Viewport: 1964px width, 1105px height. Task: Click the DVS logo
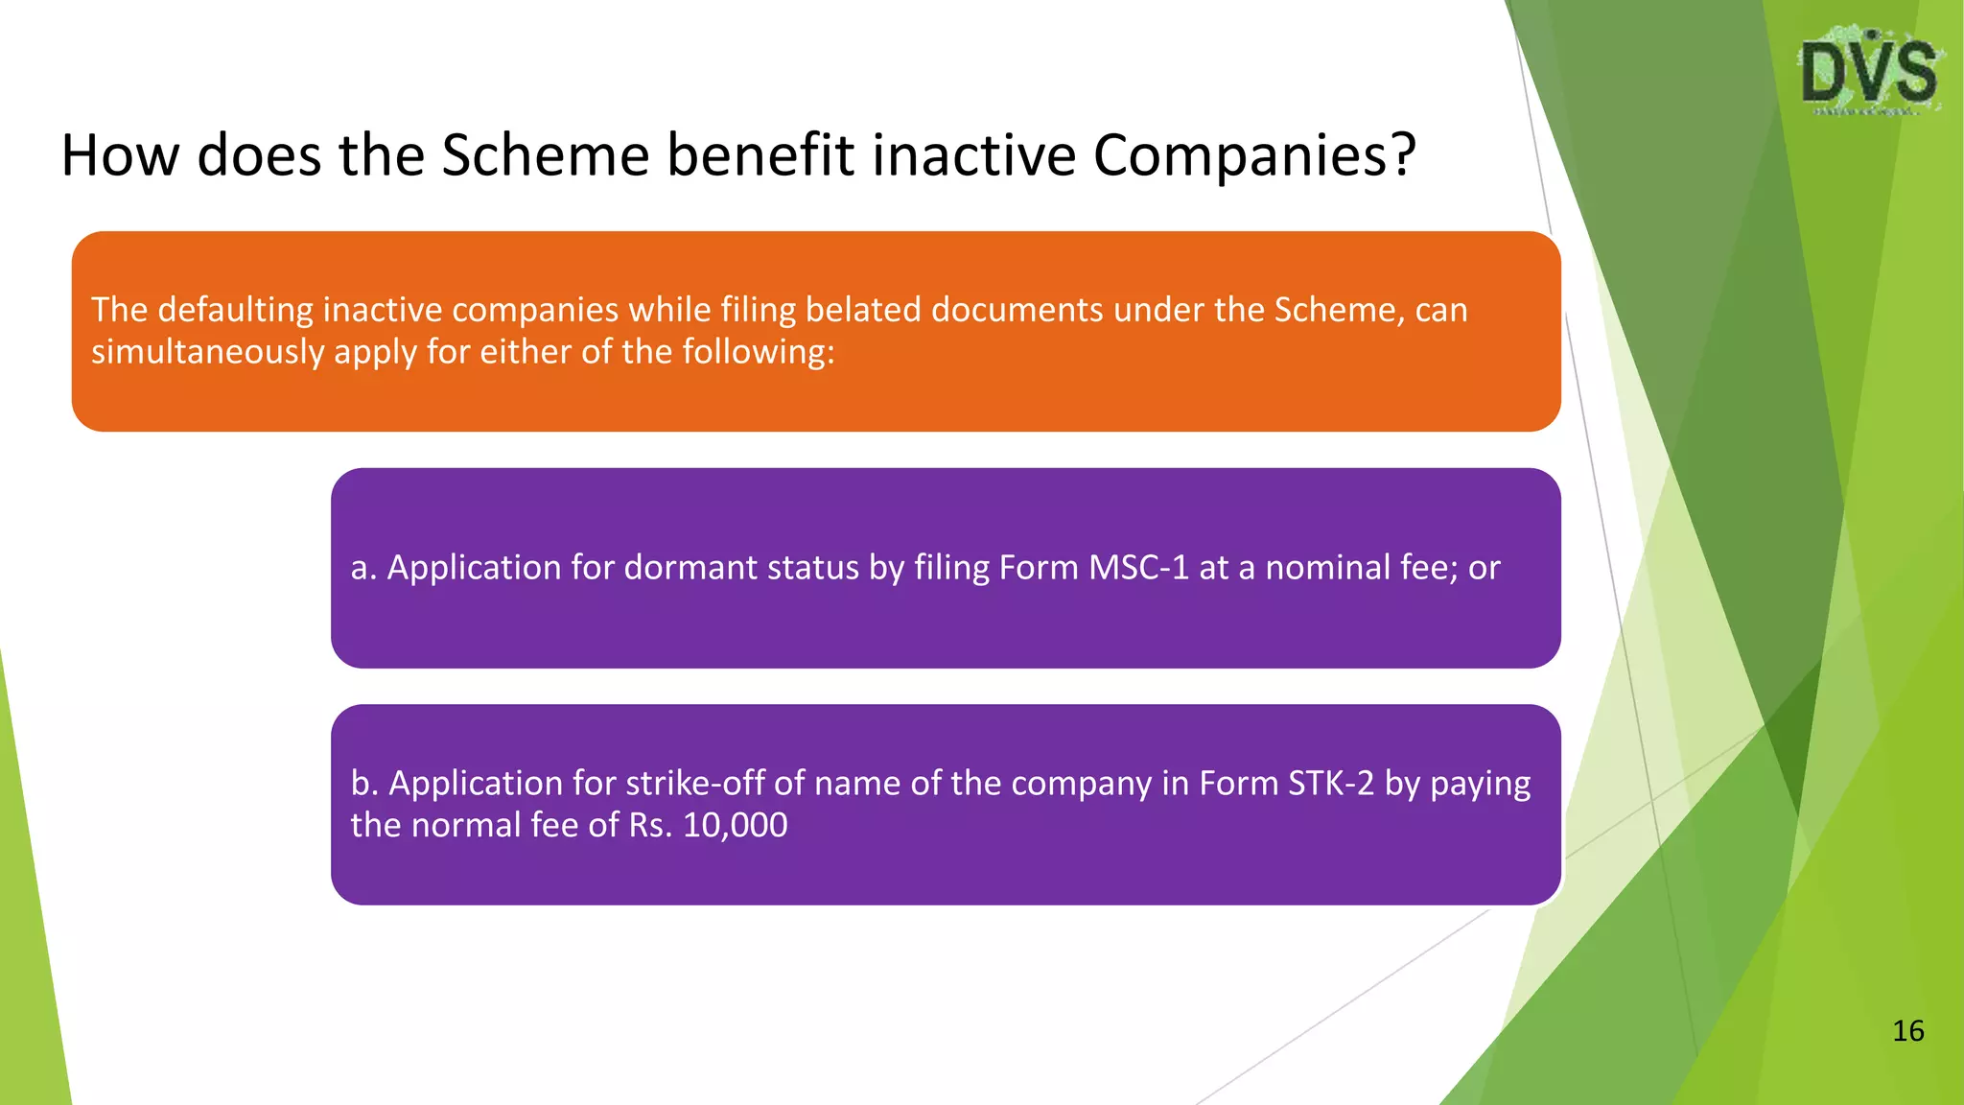click(x=1869, y=72)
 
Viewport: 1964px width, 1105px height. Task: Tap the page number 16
click(x=1907, y=1031)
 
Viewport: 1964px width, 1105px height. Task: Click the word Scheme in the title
click(x=545, y=155)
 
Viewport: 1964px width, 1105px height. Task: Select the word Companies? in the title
click(x=1254, y=155)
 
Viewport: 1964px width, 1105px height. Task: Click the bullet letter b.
click(x=362, y=784)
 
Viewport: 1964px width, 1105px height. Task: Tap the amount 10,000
click(x=735, y=826)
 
